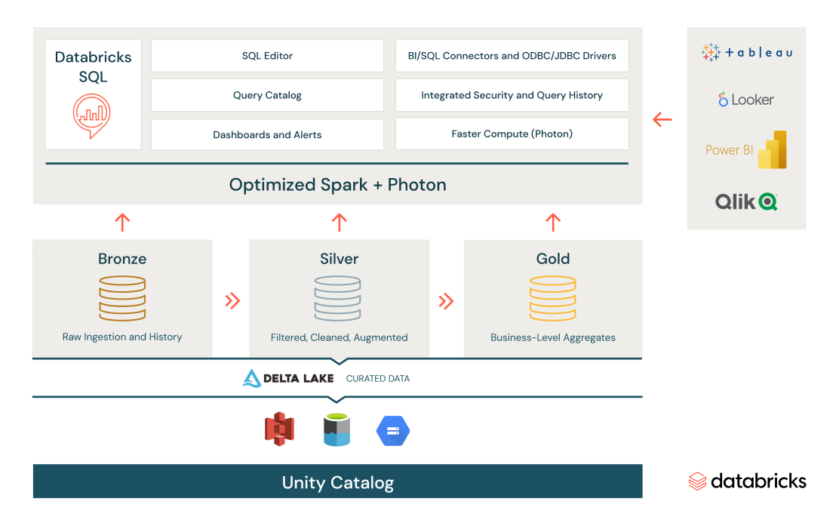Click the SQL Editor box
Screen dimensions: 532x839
point(267,56)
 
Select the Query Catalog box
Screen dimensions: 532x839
point(267,95)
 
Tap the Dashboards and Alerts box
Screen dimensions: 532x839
point(267,134)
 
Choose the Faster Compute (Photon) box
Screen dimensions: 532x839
point(512,134)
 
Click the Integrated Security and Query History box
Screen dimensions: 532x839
point(512,95)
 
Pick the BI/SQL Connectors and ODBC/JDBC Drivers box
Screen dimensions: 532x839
point(512,56)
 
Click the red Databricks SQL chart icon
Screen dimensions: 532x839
point(92,115)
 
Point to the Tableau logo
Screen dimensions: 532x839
point(746,52)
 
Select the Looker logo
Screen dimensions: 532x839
point(746,100)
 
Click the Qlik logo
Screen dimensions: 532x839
point(746,201)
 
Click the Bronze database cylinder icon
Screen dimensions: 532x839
point(122,298)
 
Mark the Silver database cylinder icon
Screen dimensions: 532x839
point(339,298)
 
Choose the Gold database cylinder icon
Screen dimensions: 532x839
point(552,298)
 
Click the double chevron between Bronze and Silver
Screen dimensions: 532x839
point(232,301)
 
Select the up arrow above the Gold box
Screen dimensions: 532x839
point(552,222)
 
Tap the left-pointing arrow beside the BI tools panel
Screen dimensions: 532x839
point(662,119)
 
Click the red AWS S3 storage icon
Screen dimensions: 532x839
point(279,429)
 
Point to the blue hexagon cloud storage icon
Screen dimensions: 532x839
point(393,431)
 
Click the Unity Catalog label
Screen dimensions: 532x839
point(337,482)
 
